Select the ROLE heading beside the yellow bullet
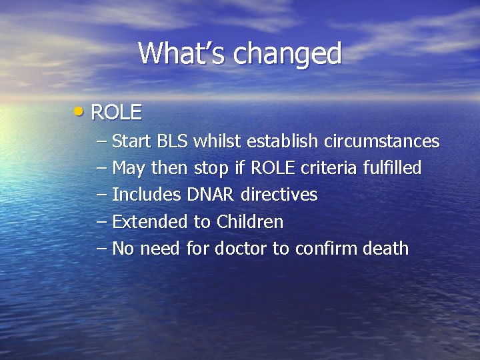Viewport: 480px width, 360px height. [x=116, y=113]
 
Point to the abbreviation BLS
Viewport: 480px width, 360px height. [x=173, y=142]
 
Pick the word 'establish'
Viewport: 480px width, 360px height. [x=283, y=142]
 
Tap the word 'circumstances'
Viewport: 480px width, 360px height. [x=381, y=142]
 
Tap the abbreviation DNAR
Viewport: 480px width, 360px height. [x=208, y=195]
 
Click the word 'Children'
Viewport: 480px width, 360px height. [x=249, y=222]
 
